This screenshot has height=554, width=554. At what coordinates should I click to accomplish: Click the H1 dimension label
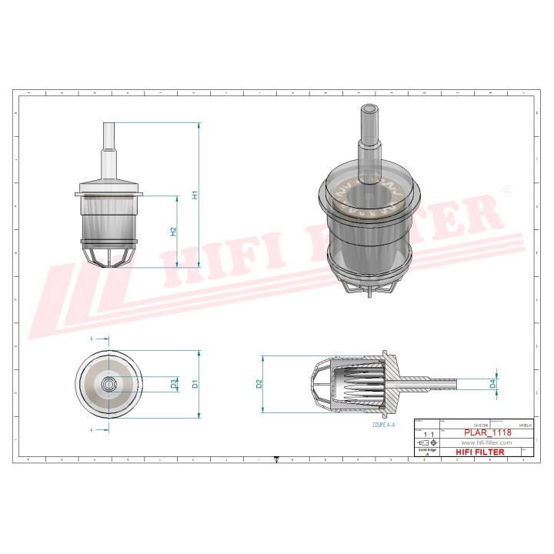(x=195, y=195)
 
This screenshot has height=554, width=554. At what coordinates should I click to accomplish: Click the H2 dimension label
(x=173, y=231)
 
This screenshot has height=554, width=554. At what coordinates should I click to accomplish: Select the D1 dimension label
(x=195, y=382)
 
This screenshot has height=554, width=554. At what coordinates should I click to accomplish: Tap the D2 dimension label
(x=259, y=382)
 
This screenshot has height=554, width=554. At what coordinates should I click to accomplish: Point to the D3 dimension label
(x=173, y=382)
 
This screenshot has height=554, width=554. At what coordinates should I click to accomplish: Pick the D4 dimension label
(x=492, y=382)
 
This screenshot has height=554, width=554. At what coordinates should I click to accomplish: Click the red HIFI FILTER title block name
(x=480, y=452)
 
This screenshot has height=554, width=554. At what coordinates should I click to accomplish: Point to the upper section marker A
(x=92, y=339)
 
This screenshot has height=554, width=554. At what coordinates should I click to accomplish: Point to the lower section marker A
(x=92, y=429)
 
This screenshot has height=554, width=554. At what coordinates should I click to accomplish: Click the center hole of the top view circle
(x=108, y=382)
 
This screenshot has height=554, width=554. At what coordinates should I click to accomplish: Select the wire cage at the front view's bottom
(x=108, y=256)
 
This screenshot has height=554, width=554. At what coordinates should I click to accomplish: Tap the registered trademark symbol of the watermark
(x=506, y=190)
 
